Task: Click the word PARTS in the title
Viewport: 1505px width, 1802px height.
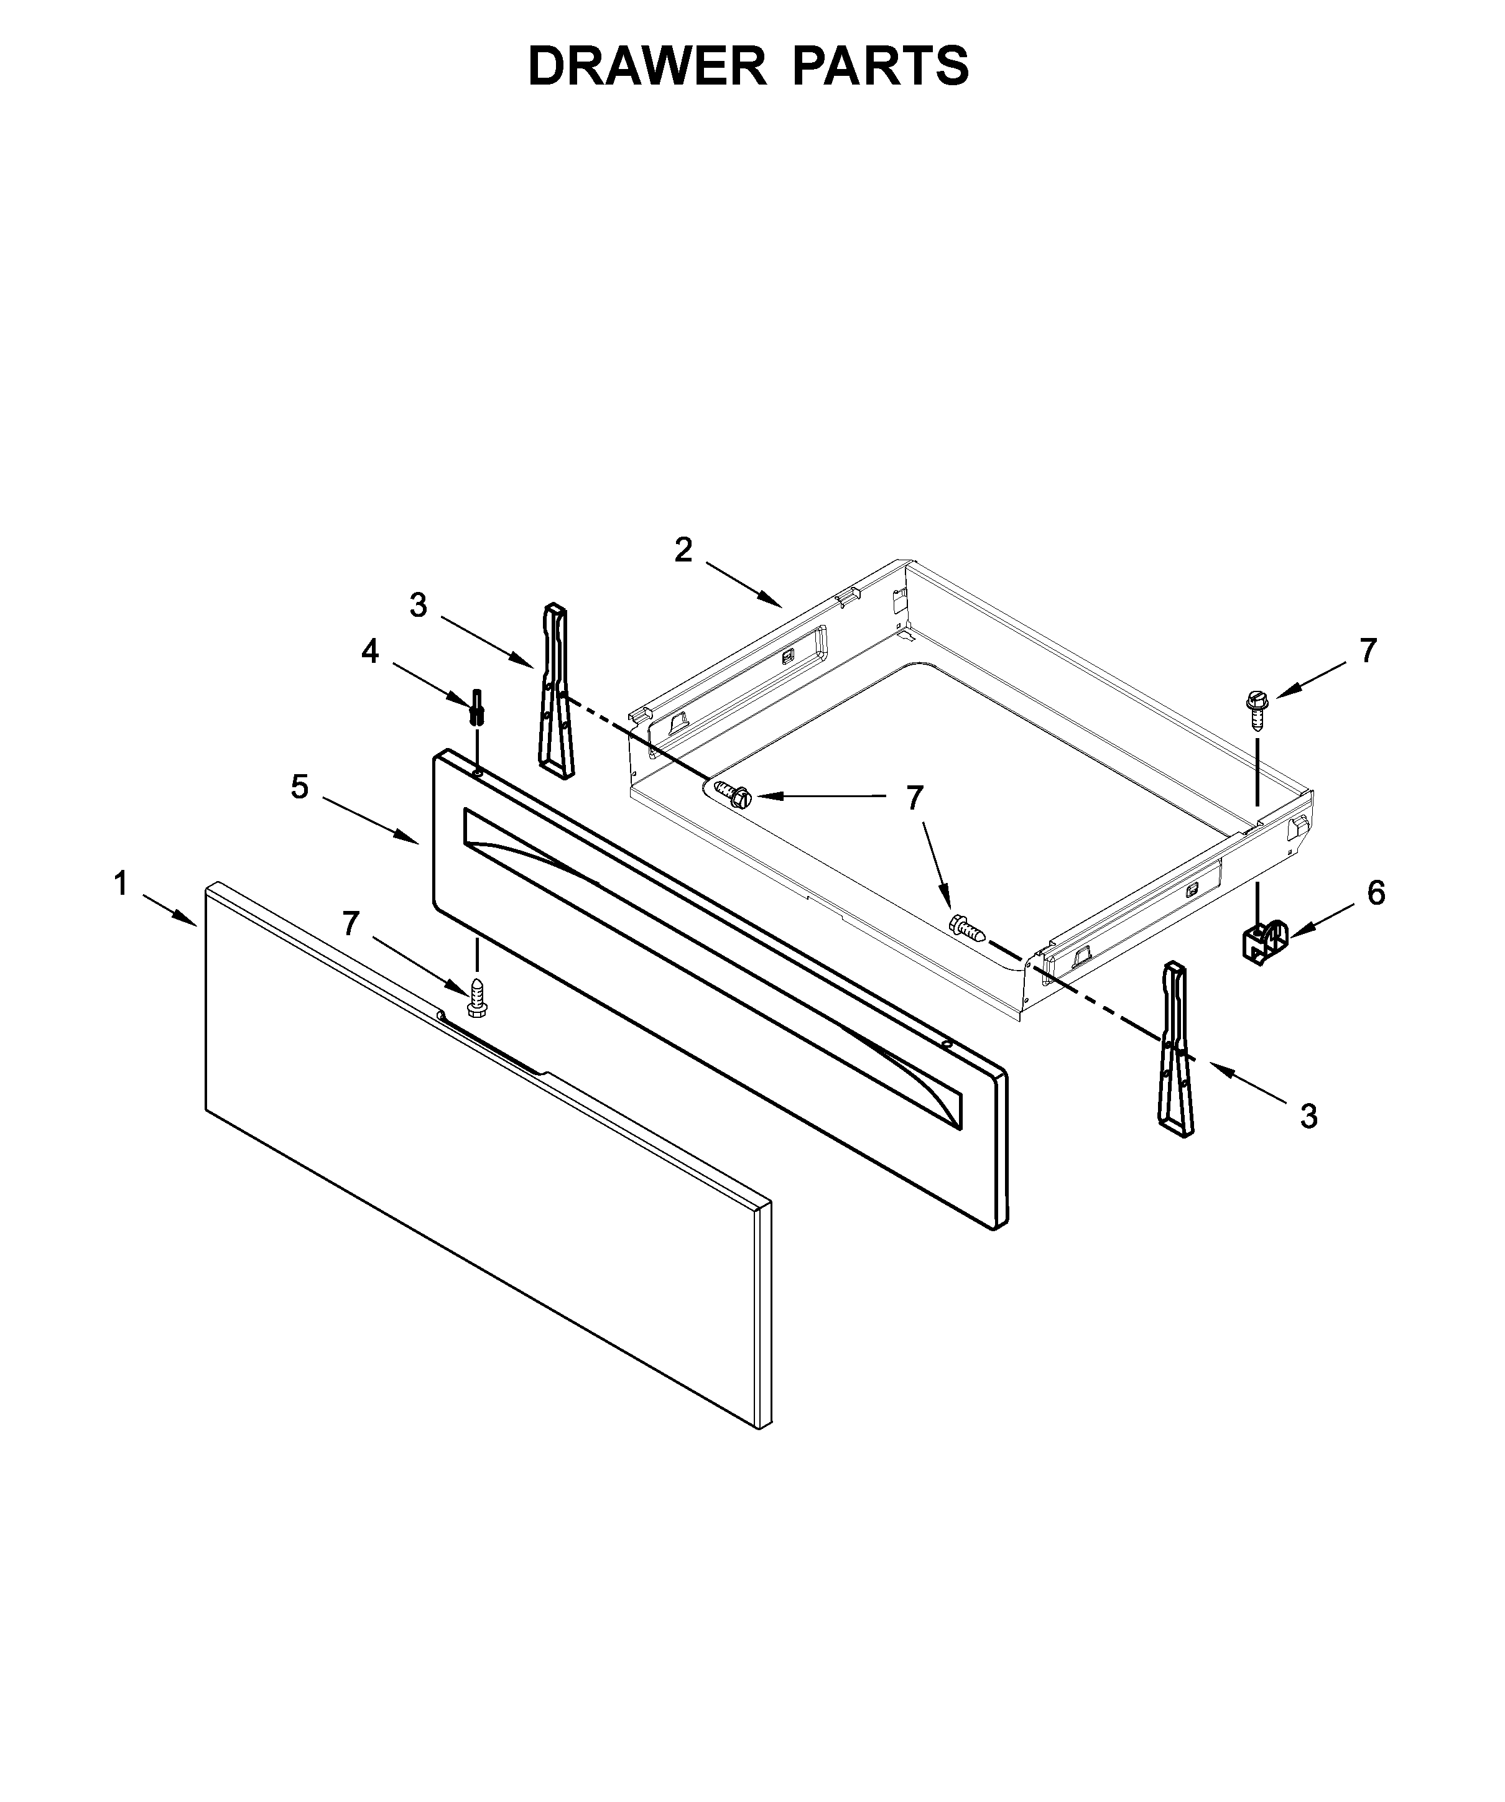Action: click(x=881, y=66)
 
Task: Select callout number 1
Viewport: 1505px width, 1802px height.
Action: click(x=121, y=882)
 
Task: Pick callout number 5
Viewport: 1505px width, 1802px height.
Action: click(x=300, y=786)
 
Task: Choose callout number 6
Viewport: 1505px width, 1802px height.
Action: click(x=1376, y=894)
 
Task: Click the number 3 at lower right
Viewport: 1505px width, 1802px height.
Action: click(x=1308, y=1116)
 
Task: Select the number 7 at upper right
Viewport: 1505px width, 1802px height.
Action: click(x=1368, y=650)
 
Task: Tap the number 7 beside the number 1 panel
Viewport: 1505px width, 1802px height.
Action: click(x=351, y=923)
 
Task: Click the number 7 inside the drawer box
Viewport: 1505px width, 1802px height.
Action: click(x=915, y=798)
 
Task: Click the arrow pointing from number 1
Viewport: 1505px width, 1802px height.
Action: click(x=170, y=908)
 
